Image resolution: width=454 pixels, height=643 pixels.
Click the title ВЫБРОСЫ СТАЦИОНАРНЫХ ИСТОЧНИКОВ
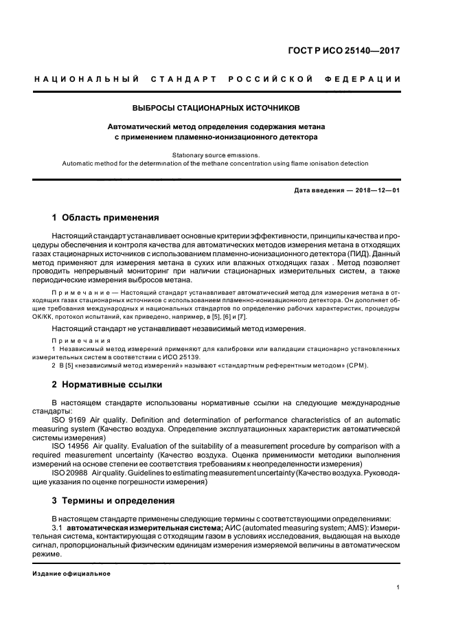(x=216, y=108)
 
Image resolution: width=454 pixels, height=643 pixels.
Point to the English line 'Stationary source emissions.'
(x=216, y=155)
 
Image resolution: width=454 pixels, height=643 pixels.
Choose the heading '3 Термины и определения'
(x=113, y=501)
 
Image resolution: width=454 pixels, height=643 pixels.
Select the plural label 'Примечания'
(x=77, y=341)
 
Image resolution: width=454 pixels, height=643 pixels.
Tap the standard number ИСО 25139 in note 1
(x=190, y=357)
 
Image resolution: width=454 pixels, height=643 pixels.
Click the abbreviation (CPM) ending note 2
(x=356, y=365)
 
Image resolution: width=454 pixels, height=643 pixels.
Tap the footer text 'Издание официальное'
(x=71, y=573)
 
